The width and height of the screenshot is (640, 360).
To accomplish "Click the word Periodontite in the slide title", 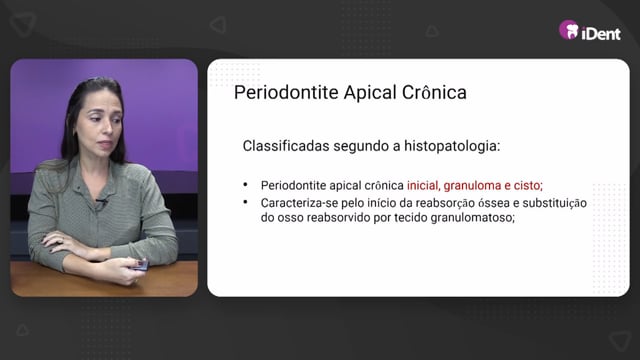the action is click(x=286, y=92).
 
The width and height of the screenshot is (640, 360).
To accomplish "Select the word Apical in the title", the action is click(x=370, y=93).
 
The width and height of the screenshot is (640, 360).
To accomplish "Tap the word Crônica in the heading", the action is click(x=434, y=92).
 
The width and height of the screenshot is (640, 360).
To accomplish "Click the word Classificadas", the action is click(x=286, y=146).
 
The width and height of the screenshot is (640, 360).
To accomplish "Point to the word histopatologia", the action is click(x=452, y=147).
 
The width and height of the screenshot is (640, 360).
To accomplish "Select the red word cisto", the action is click(x=528, y=186).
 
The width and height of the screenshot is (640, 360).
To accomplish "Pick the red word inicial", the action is click(x=423, y=185).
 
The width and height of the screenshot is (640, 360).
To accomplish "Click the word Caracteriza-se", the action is click(x=299, y=203).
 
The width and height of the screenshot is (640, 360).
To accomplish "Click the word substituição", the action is click(x=555, y=203).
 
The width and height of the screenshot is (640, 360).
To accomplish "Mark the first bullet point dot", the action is click(x=245, y=185).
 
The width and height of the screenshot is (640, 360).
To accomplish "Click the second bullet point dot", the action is click(x=245, y=202).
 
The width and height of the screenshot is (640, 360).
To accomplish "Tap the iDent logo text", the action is click(x=601, y=33).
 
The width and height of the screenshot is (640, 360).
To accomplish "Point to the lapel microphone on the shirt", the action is click(x=101, y=202).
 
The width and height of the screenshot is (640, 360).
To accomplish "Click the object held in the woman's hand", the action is click(x=140, y=265).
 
